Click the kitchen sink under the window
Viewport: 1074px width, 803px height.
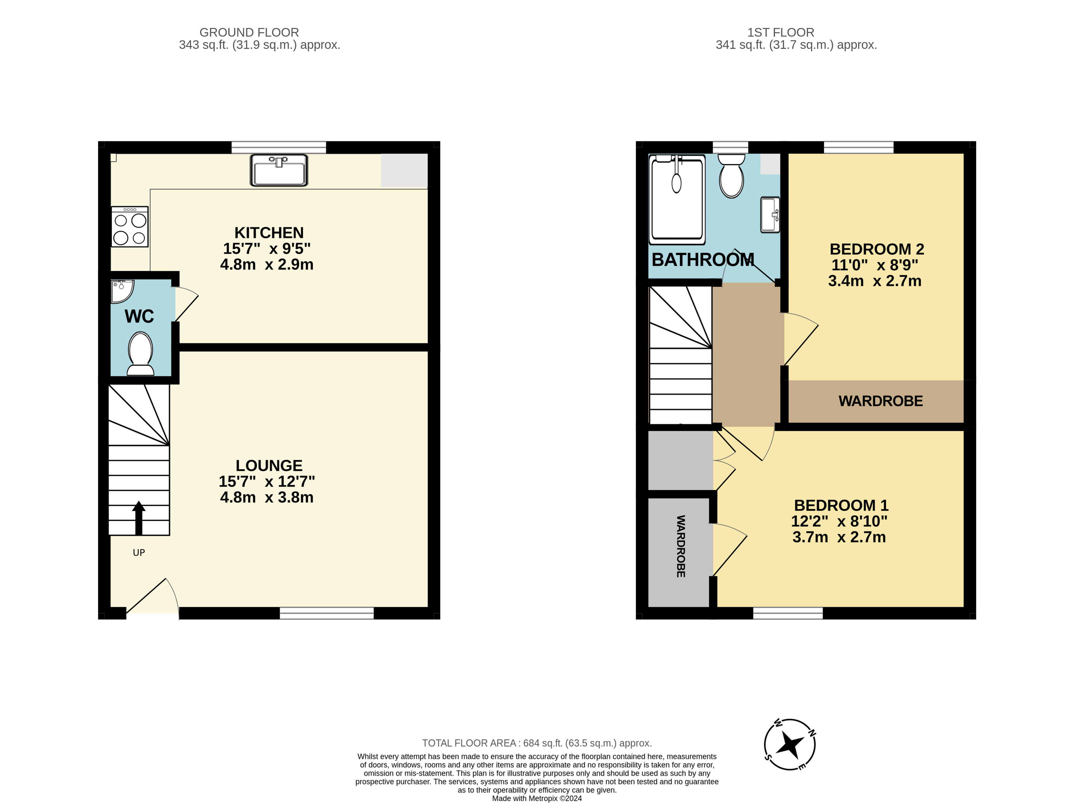click(x=279, y=170)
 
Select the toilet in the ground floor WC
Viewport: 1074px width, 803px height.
click(x=141, y=354)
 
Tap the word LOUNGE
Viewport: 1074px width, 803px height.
click(x=269, y=465)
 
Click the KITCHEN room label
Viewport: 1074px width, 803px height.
click(x=269, y=233)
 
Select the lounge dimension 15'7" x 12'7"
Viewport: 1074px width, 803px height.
click(x=267, y=482)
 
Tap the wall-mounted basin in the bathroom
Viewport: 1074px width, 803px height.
click(x=770, y=215)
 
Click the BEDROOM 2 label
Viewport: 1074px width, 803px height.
click(x=877, y=249)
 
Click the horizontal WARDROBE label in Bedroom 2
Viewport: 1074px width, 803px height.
click(x=881, y=401)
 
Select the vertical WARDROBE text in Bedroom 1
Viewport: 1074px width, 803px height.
click(x=681, y=546)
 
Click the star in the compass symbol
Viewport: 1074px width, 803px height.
click(x=790, y=744)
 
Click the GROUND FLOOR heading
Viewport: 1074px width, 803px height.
click(x=249, y=32)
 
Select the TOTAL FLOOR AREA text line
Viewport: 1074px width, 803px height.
click(x=537, y=743)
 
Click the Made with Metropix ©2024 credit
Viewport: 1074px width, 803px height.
click(x=537, y=798)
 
